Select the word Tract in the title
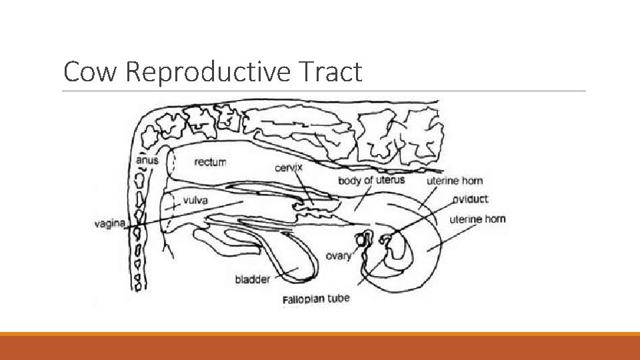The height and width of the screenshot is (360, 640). tap(335, 72)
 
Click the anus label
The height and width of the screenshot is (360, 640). tap(147, 160)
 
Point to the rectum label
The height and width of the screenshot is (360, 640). tap(210, 162)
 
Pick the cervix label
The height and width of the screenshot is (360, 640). tap(289, 167)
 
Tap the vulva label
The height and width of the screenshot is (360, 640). tap(195, 200)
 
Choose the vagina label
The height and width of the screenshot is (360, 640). tap(109, 223)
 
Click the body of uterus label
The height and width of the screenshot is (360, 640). tap(371, 181)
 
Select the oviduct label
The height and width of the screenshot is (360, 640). tap(470, 199)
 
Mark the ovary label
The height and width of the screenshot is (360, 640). tap(339, 256)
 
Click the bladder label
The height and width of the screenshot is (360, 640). tap(253, 279)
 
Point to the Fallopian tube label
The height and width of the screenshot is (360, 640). tap(315, 299)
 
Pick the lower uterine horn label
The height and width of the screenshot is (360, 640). tap(477, 219)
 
